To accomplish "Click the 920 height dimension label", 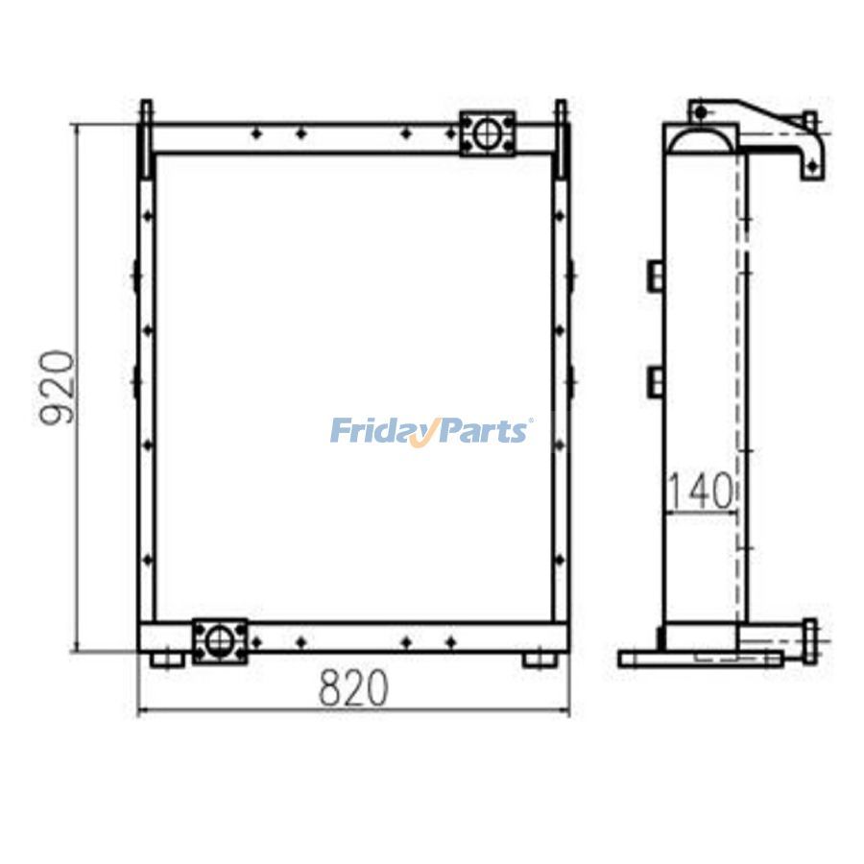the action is click(57, 387).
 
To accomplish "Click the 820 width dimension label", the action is click(353, 688).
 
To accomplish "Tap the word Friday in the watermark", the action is click(383, 431).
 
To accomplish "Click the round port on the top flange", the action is click(488, 133).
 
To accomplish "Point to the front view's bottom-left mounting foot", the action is click(166, 659).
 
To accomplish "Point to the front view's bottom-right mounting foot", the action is click(542, 659).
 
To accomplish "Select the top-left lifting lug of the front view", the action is click(146, 137).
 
